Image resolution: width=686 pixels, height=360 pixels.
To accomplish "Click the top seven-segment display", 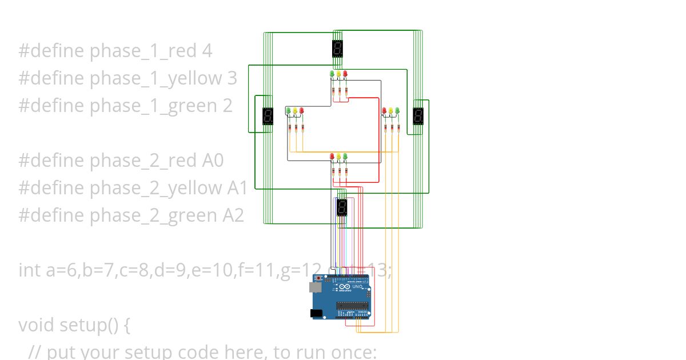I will point(337,49).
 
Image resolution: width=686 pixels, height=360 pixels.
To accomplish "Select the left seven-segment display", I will point(268,117).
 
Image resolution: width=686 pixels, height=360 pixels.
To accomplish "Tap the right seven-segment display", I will point(418,117).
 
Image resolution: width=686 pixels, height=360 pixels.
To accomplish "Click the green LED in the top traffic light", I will point(332,74).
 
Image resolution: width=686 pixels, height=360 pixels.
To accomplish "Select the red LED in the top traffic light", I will point(345,74).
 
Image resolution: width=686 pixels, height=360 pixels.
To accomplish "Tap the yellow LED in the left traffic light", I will point(295,111).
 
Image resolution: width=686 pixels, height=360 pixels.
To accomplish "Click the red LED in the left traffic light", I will point(302,111).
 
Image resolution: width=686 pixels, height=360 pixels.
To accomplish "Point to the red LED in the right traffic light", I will point(384,111).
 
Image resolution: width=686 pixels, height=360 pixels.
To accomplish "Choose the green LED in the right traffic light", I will point(397,111).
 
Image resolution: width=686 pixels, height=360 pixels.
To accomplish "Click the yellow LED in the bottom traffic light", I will point(339,156).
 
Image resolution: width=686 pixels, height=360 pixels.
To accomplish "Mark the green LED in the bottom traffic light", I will point(345,156).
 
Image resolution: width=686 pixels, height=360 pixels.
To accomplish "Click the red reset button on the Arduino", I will point(318,278).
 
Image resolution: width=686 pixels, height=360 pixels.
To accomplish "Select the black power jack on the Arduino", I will point(316,313).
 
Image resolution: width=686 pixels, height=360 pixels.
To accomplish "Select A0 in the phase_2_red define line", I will point(213,161).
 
